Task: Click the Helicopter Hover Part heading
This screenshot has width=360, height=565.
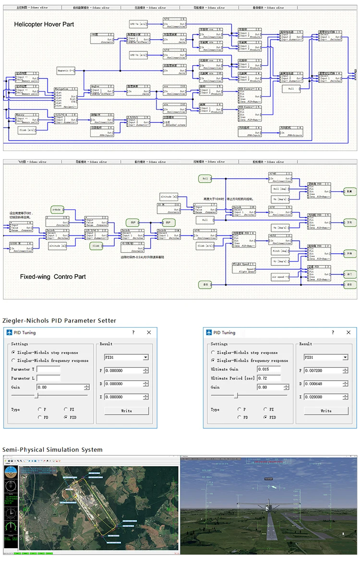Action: pyautogui.click(x=44, y=24)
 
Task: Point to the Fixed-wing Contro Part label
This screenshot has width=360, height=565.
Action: pyautogui.click(x=53, y=277)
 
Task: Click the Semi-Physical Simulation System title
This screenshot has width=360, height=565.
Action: pyautogui.click(x=52, y=449)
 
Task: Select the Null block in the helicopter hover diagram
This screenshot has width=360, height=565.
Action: pyautogui.click(x=291, y=89)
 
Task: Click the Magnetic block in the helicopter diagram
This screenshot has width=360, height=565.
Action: pyautogui.click(x=66, y=71)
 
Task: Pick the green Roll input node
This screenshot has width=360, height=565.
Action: pyautogui.click(x=204, y=178)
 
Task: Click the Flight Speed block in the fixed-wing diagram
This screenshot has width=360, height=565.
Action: pyautogui.click(x=245, y=267)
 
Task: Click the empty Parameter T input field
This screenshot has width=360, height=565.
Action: pyautogui.click(x=48, y=369)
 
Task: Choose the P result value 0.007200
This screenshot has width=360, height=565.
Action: pyautogui.click(x=319, y=371)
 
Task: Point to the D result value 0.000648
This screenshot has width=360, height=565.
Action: pyautogui.click(x=319, y=384)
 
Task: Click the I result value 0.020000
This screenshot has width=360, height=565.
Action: pyautogui.click(x=319, y=397)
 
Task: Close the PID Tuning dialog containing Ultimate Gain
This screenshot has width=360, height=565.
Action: pyautogui.click(x=349, y=332)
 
